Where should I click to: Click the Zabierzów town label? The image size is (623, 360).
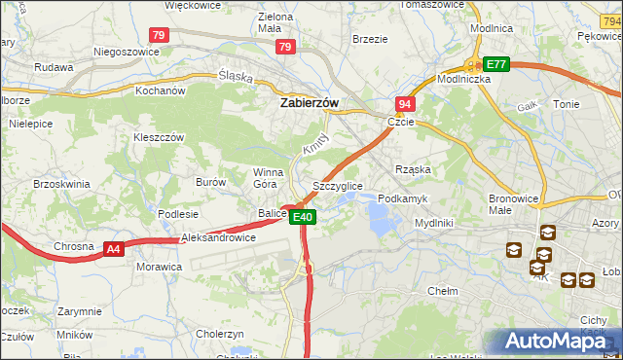310,101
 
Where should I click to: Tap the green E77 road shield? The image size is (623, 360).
496,64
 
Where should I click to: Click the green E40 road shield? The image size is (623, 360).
303,217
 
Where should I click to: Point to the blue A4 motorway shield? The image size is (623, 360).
114,249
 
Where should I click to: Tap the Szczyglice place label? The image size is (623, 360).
338,185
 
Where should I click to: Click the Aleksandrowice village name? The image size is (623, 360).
219,237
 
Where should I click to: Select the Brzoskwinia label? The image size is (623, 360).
61,184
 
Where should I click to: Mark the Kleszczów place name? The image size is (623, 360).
159,138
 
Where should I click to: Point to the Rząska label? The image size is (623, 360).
413,169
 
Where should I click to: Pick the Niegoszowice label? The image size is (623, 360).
126,52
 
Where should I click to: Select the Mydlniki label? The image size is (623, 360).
434,223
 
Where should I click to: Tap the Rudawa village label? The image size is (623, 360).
54,68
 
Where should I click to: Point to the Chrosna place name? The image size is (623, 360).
75,246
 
